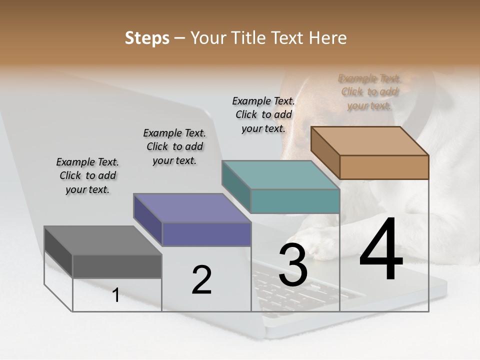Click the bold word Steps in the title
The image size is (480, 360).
(147, 38)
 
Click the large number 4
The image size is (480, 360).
(381, 250)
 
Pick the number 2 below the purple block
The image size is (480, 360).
(202, 280)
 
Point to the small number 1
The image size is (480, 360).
(116, 295)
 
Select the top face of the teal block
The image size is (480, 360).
(280, 175)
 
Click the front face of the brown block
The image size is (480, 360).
(384, 167)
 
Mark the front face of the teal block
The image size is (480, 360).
(295, 201)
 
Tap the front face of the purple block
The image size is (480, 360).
(206, 234)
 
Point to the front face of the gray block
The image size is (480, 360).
(117, 266)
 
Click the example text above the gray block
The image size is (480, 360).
(87, 175)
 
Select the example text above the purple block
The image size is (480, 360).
(174, 146)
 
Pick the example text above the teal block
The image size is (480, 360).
(263, 114)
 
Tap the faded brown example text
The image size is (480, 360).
(369, 92)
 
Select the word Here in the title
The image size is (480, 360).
(328, 38)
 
